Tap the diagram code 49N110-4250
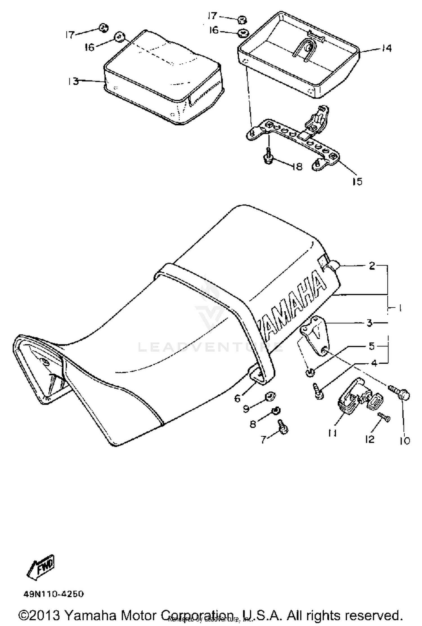[53, 594]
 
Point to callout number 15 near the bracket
[357, 182]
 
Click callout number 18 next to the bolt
[297, 167]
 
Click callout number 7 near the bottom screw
[263, 439]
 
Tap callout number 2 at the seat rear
[372, 265]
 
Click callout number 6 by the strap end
[237, 398]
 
